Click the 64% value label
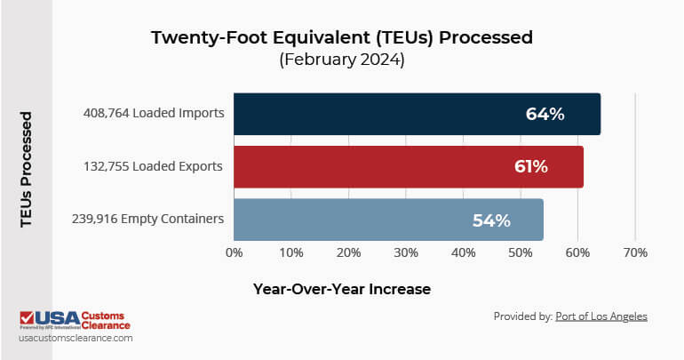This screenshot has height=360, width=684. tap(544, 114)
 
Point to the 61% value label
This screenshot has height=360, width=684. tap(530, 166)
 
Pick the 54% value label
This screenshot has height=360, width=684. tap(490, 220)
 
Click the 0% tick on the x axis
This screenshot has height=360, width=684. tap(234, 252)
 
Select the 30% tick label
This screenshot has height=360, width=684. tap(406, 252)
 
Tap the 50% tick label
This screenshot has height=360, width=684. tap(521, 252)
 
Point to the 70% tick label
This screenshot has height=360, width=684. tap(634, 252)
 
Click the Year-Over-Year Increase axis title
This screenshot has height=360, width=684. tap(342, 289)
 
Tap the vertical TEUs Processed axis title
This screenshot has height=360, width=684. tap(27, 169)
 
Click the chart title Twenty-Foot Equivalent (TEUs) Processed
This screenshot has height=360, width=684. tap(342, 37)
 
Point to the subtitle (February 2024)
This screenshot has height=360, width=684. tap(342, 60)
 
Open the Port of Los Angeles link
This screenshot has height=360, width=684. tap(601, 316)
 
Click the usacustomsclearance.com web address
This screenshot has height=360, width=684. tap(76, 339)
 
